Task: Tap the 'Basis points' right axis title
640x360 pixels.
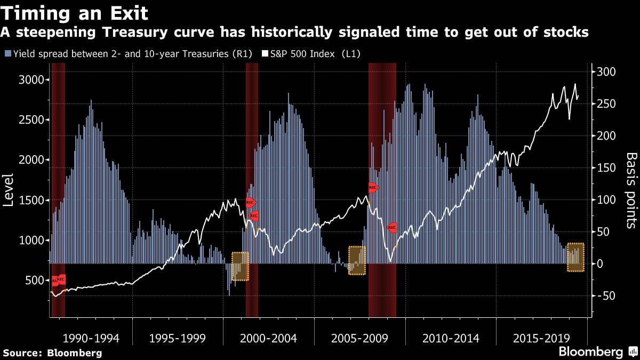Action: tap(631, 190)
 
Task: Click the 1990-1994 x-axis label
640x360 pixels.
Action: tap(91, 339)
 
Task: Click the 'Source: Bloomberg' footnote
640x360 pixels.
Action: tap(52, 353)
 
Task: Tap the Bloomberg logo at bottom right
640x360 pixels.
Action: tap(597, 351)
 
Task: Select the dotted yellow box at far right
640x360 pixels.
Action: tap(575, 257)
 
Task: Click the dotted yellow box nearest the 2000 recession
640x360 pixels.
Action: tap(240, 266)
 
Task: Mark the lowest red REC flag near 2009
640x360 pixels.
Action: tap(392, 228)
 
